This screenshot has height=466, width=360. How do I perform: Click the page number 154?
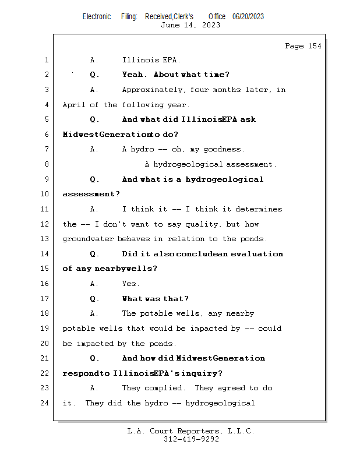(x=315, y=46)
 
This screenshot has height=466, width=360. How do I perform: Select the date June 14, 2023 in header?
(x=190, y=25)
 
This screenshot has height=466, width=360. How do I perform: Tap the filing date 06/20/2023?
(x=248, y=17)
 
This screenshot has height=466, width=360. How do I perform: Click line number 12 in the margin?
(x=46, y=224)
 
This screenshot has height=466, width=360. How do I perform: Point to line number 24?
(x=46, y=403)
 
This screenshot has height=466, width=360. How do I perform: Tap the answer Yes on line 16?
(x=130, y=284)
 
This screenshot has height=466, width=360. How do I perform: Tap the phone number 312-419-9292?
(x=191, y=440)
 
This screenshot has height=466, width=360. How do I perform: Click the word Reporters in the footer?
(x=194, y=432)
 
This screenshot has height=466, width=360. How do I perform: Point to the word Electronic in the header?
(x=97, y=17)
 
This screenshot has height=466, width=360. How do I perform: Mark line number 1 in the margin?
(x=46, y=60)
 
